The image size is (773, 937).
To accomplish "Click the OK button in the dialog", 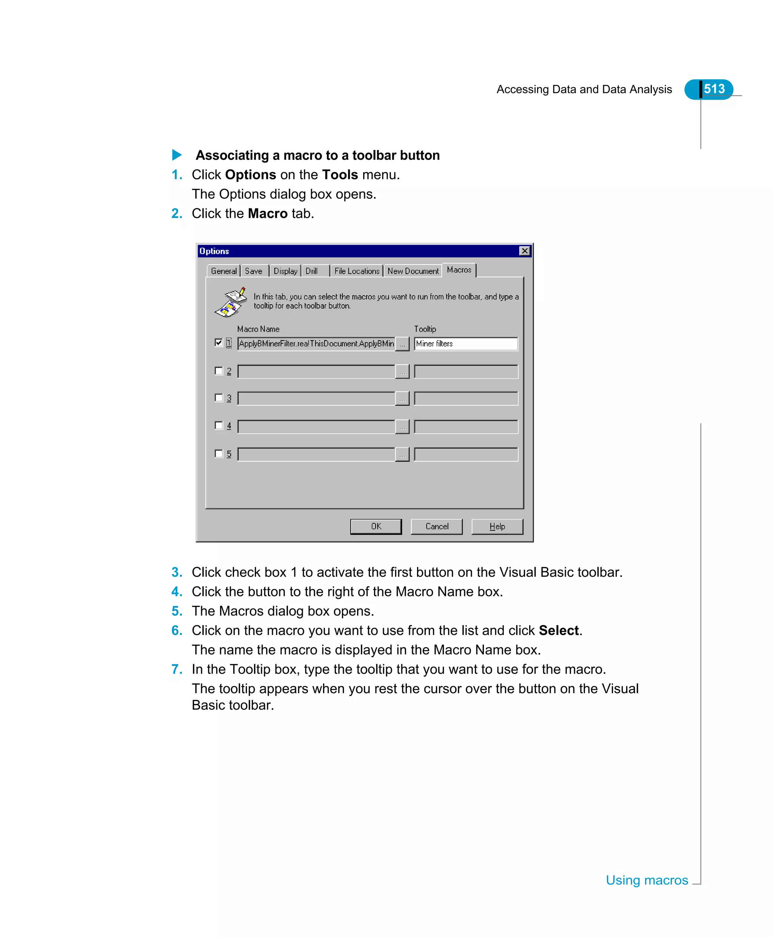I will click(x=376, y=526).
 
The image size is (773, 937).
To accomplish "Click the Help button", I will click(x=497, y=526).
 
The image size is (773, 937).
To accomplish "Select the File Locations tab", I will click(x=356, y=271).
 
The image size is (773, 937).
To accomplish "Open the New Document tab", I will click(x=413, y=271).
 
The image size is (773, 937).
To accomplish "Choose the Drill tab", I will click(x=312, y=271).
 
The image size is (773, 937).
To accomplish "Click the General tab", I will click(x=223, y=271).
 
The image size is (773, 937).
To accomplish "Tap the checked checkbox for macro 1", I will click(x=219, y=342).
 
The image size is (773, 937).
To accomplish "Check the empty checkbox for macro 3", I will click(x=219, y=398).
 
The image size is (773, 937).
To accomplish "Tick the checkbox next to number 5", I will click(x=219, y=453).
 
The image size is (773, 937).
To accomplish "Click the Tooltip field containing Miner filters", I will click(x=466, y=344).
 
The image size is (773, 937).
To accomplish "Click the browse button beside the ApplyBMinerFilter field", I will click(x=402, y=344).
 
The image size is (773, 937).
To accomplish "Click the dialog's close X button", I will click(x=525, y=251).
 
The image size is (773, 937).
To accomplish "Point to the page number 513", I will click(x=714, y=89).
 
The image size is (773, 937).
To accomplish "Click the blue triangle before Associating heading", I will click(x=177, y=155).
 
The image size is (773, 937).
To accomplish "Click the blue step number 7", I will click(x=177, y=669).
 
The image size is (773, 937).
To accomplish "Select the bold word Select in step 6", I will click(x=558, y=630).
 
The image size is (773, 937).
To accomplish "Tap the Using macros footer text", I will click(x=647, y=880).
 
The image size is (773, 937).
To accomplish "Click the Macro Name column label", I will click(x=258, y=329).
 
